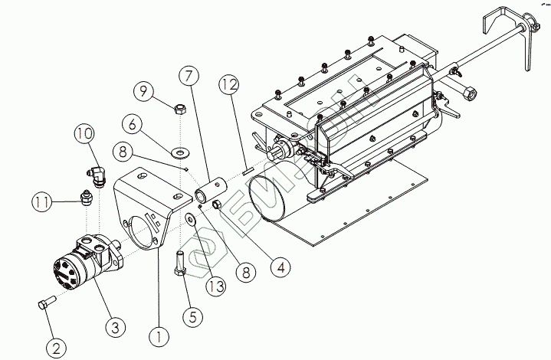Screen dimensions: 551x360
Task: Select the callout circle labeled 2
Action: [x=55, y=347]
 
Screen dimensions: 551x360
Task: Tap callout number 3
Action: [x=114, y=327]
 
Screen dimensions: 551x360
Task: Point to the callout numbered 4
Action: [x=280, y=267]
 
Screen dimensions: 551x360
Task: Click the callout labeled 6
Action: [x=131, y=123]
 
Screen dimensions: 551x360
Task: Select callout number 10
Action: [x=84, y=134]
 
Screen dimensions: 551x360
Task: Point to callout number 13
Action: [x=215, y=286]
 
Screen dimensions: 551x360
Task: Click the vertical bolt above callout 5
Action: [x=181, y=264]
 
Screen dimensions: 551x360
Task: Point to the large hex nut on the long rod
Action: [x=469, y=93]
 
